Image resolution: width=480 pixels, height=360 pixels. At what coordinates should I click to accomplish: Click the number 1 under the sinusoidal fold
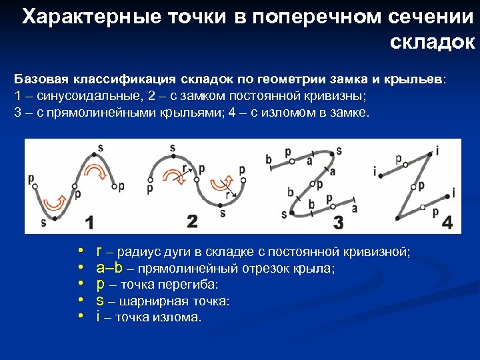[x=89, y=221]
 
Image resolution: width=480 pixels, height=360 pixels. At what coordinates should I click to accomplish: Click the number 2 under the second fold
[x=193, y=221]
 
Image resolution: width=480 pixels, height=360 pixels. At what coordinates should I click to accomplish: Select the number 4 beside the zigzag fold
[x=446, y=222]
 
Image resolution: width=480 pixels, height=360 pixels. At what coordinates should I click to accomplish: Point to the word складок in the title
[x=431, y=42]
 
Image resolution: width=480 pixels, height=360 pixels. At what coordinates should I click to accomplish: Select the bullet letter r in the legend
[x=99, y=252]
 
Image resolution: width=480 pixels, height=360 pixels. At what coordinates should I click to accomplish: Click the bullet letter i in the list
[x=98, y=317]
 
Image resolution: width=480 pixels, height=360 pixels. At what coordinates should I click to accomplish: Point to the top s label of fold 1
[x=100, y=147]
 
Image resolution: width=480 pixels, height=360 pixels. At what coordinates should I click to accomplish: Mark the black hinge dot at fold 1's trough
[x=53, y=217]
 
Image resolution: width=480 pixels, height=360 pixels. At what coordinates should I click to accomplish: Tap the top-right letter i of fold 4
[x=437, y=149]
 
